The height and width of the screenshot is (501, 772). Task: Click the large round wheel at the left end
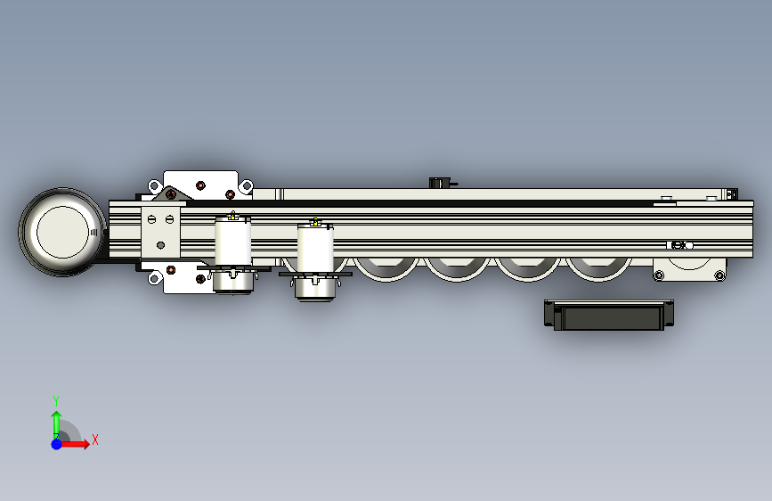(x=62, y=232)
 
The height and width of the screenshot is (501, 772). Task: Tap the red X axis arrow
(x=75, y=444)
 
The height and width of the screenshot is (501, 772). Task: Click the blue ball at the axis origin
(x=57, y=444)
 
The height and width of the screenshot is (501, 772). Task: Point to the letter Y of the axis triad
(x=56, y=400)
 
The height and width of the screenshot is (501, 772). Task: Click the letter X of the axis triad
(x=95, y=439)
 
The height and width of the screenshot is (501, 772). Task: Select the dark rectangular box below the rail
(x=609, y=315)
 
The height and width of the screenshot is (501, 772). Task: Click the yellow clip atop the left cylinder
(x=232, y=215)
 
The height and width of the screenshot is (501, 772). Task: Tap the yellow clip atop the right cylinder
(x=315, y=222)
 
